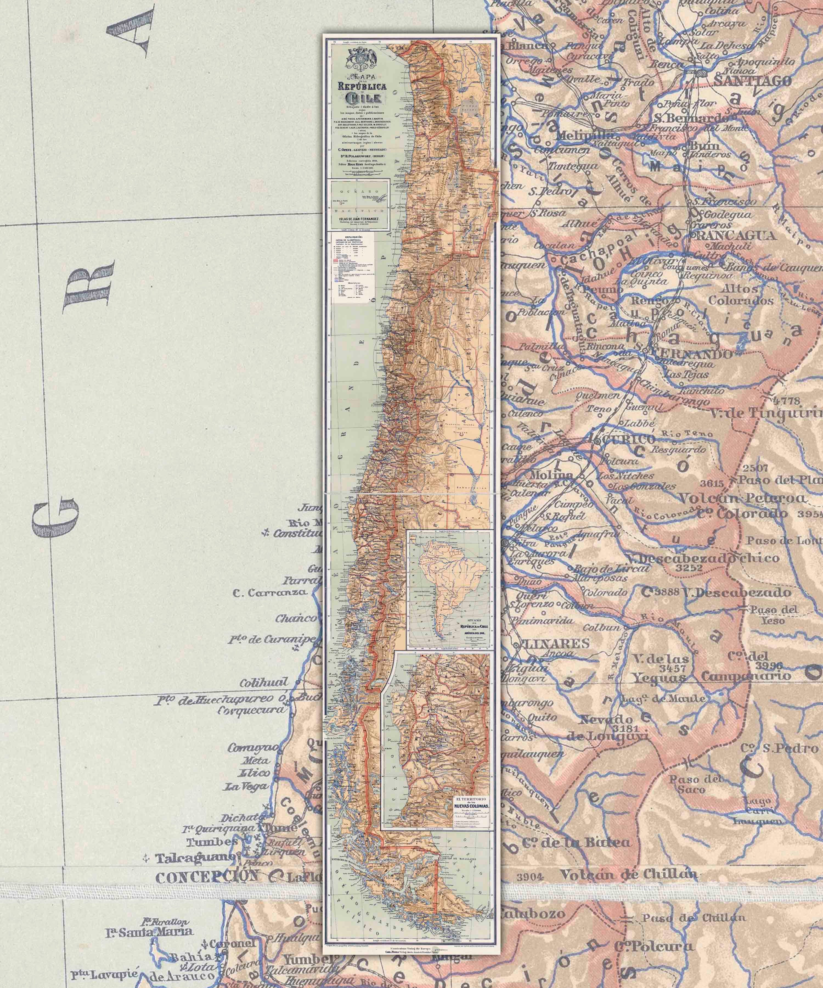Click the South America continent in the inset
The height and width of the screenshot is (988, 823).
(444, 579)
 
